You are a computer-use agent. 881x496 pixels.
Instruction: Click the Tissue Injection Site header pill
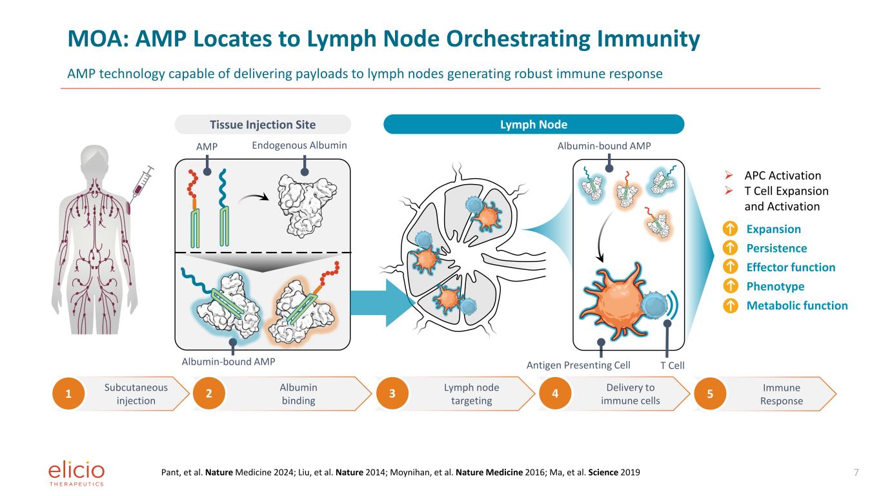click(263, 125)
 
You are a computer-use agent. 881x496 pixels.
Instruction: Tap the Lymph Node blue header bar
click(534, 125)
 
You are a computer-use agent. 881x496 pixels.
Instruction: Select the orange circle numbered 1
click(68, 394)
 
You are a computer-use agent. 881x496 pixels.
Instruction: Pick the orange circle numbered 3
click(392, 394)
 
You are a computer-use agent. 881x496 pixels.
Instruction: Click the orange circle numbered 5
click(710, 394)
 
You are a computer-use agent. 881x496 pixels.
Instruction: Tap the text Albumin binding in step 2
click(299, 394)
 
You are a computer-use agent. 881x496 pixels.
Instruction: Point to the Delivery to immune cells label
click(631, 394)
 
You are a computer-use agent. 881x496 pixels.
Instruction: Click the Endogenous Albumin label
click(299, 146)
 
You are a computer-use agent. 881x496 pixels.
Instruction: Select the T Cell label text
click(672, 366)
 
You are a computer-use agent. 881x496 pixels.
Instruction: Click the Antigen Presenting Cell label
click(578, 366)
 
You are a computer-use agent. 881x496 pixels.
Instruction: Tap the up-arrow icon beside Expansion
click(730, 229)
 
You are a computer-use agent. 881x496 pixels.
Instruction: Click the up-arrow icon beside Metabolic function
click(730, 305)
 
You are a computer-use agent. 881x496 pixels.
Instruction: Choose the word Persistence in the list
click(777, 249)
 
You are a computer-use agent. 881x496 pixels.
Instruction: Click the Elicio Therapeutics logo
click(76, 474)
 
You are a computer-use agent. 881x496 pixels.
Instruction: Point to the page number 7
click(856, 472)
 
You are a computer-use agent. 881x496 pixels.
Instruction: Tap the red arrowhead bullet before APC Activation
click(729, 175)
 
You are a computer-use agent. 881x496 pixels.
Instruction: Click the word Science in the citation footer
click(603, 472)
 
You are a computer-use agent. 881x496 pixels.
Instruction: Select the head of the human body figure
click(94, 160)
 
